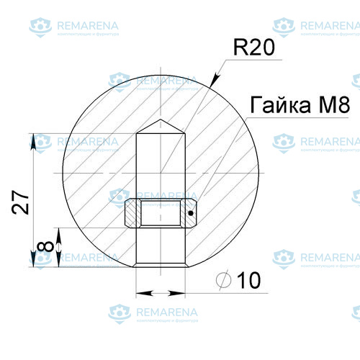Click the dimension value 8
click(x=45, y=247)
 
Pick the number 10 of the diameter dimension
click(x=248, y=280)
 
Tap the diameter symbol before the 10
click(x=223, y=280)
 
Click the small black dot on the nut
click(x=191, y=213)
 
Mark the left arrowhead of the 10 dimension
click(x=142, y=293)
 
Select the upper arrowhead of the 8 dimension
click(x=58, y=233)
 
